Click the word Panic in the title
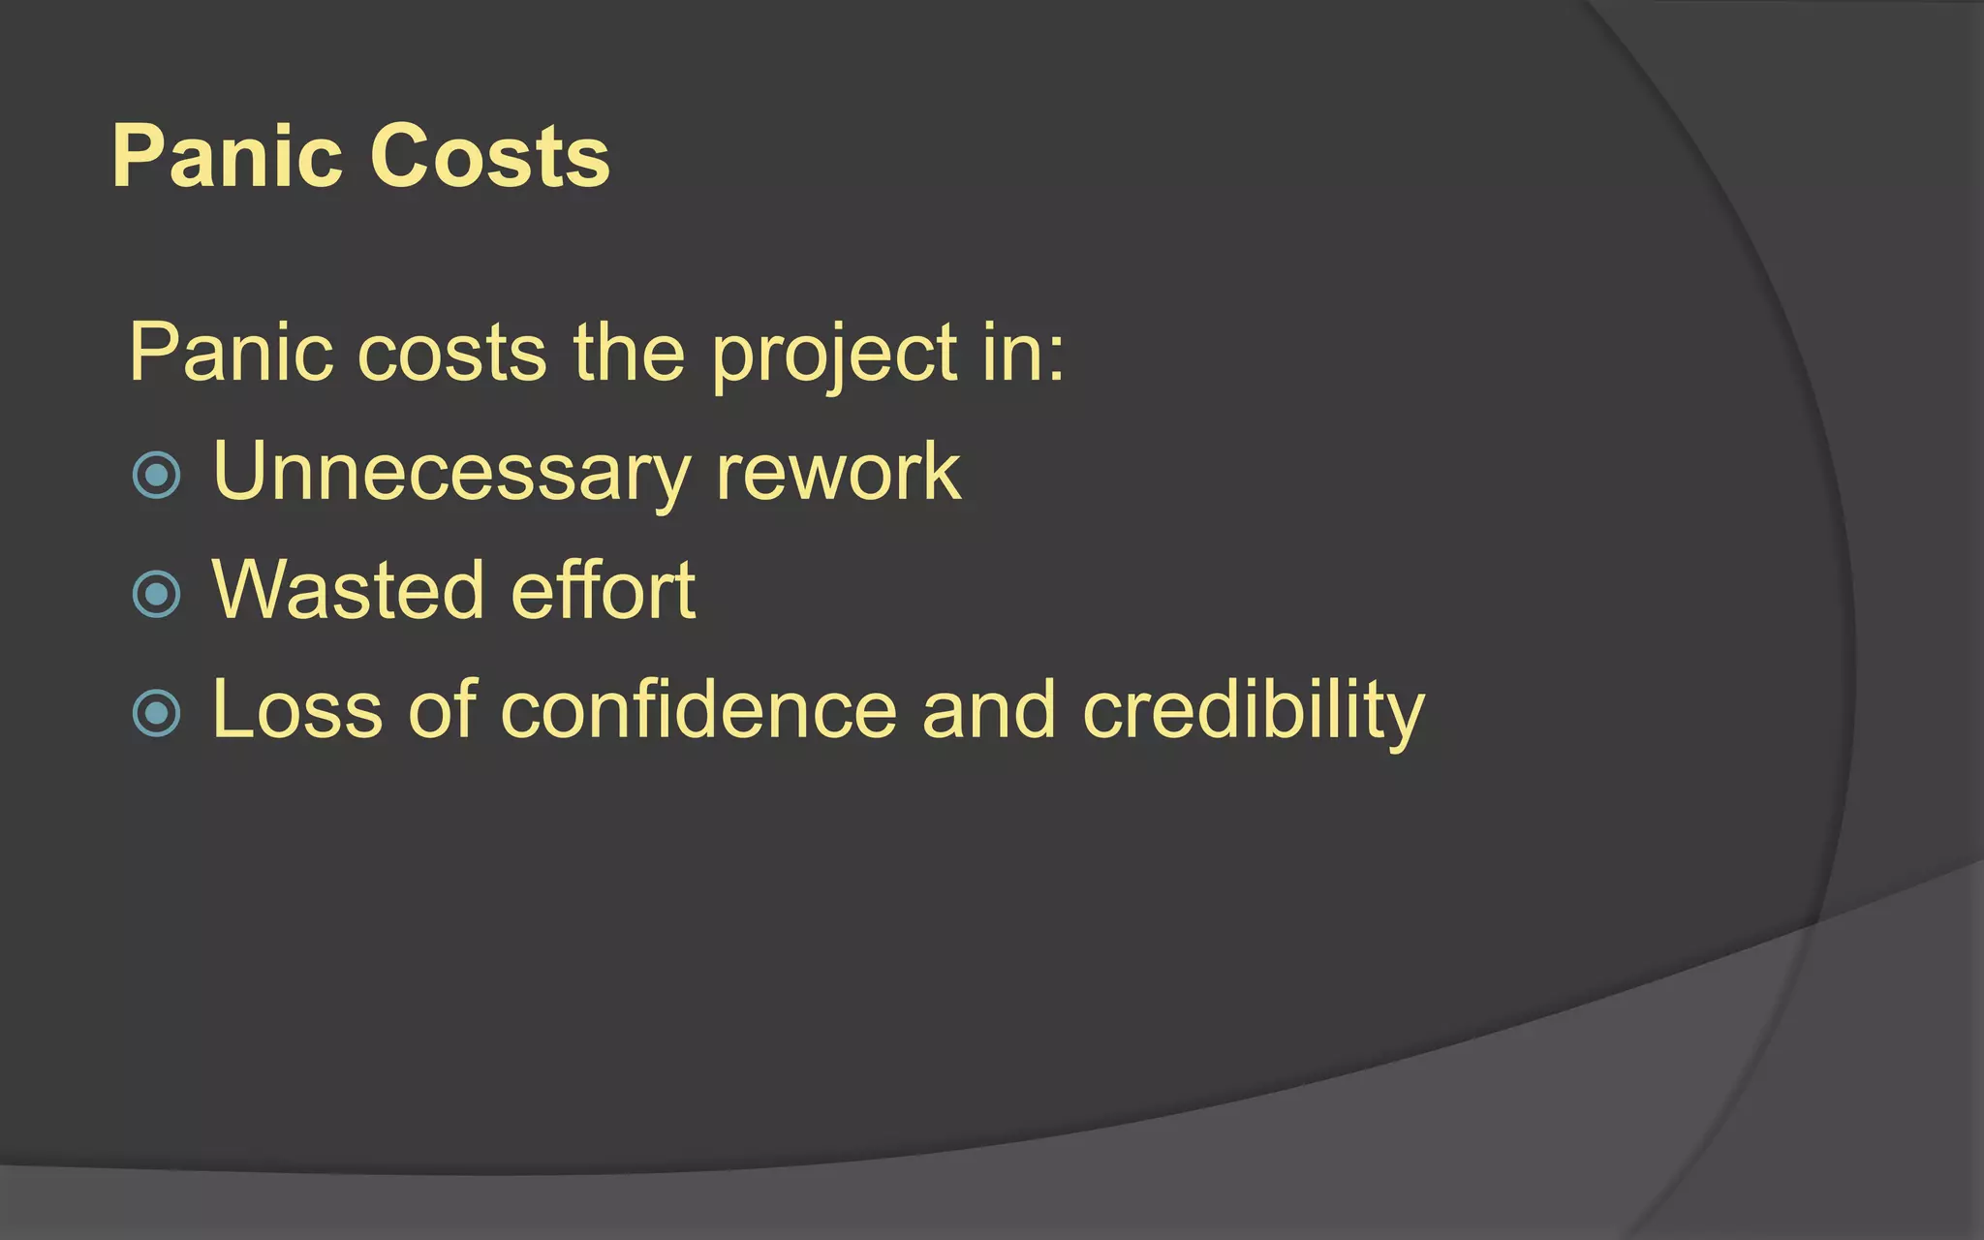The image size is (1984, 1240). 227,156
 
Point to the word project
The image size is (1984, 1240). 835,356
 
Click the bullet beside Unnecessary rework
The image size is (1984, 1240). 156,476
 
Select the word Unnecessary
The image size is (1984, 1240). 451,473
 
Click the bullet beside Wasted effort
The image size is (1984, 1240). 156,594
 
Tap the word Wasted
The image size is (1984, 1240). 348,590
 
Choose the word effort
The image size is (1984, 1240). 603,590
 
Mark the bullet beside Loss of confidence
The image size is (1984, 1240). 156,713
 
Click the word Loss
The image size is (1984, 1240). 297,710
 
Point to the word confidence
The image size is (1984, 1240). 698,710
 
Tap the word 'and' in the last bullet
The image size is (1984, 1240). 988,710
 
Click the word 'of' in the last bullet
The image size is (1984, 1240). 443,710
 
